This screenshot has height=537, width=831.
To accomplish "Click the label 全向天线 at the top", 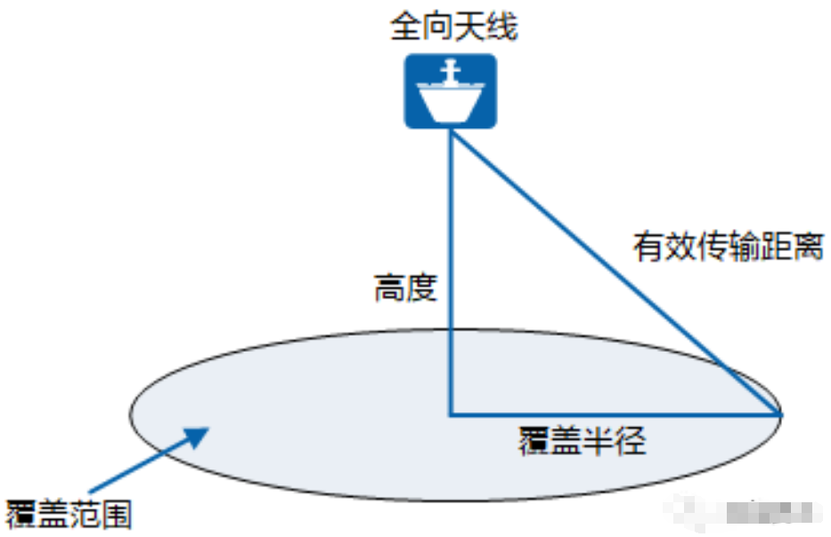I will click(x=453, y=28).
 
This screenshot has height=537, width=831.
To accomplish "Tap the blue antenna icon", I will click(x=451, y=91).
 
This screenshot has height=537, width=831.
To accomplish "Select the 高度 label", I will click(x=405, y=289).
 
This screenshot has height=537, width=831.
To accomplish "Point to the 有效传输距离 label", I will click(x=727, y=247).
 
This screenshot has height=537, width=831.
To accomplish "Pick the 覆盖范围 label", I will click(x=69, y=514).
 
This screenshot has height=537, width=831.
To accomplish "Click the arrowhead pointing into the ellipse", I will click(x=196, y=435).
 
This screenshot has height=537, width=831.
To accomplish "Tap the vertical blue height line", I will click(x=451, y=267).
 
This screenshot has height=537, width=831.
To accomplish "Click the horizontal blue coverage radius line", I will click(x=615, y=415).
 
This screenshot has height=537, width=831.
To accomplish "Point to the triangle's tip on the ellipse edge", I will click(x=780, y=415).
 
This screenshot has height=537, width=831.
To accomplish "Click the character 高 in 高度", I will click(x=389, y=289).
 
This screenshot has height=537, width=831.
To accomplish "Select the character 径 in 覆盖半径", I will click(x=630, y=441).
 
